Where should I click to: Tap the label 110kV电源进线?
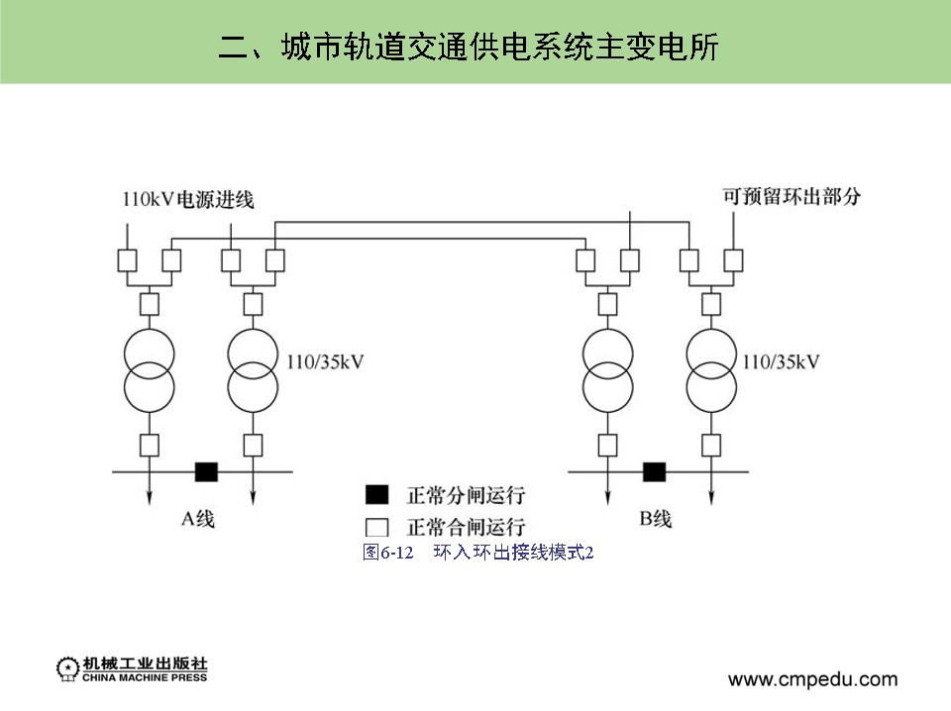coord(187,199)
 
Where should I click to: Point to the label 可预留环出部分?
coord(792,196)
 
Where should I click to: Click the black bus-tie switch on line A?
coord(205,471)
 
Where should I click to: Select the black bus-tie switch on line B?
coord(654,471)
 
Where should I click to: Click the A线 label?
coord(197,518)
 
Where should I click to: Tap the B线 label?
coord(656,518)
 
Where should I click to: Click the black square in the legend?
coord(376,494)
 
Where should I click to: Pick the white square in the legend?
coord(376,526)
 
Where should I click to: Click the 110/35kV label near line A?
coord(325,362)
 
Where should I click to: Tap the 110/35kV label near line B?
coord(781,362)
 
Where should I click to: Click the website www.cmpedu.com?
coord(812,679)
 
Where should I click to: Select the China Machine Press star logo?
coord(67,669)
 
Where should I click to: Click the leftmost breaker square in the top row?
coord(127,260)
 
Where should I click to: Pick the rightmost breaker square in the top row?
coord(733,260)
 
